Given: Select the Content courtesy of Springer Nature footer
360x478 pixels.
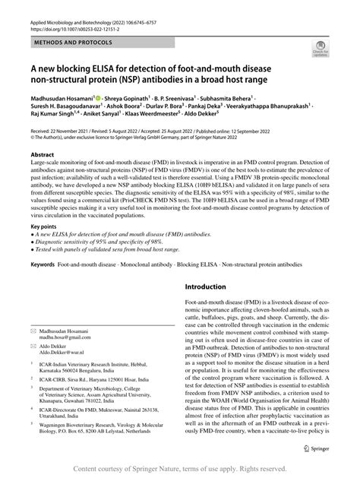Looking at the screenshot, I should tap(179, 469).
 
